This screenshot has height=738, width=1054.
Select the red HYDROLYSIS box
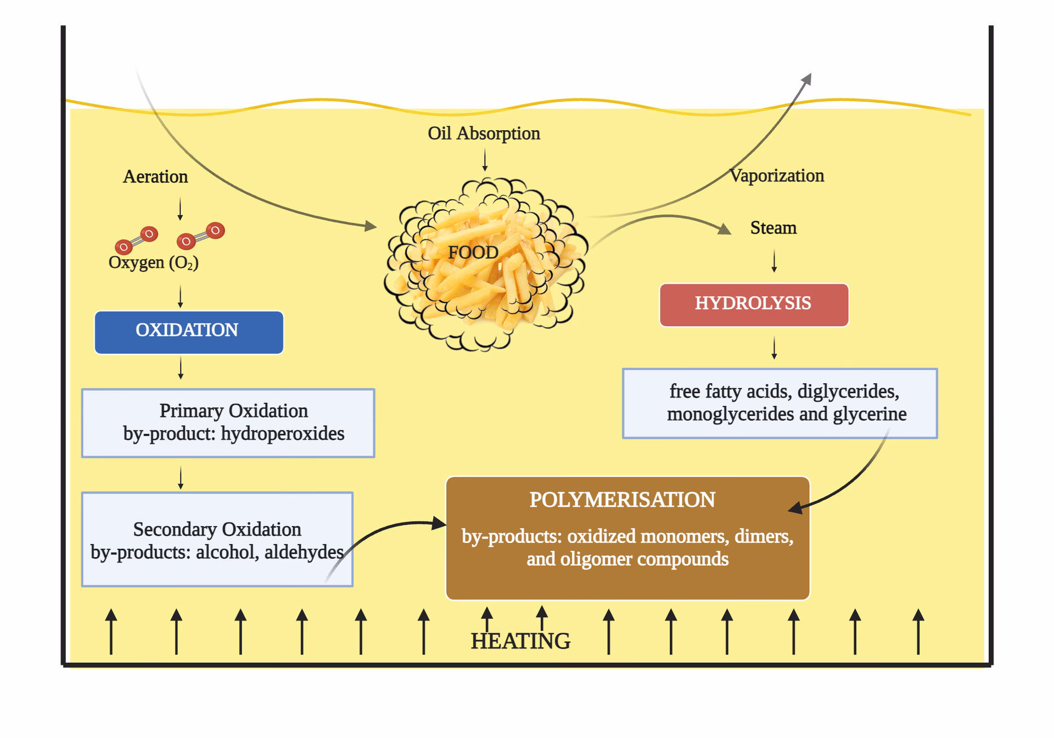pyautogui.click(x=754, y=305)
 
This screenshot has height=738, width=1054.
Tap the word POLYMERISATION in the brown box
pyautogui.click(x=622, y=500)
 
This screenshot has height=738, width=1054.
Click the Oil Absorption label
pyautogui.click(x=484, y=133)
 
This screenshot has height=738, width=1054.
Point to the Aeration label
pyautogui.click(x=155, y=177)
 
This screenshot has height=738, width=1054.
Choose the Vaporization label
pyautogui.click(x=777, y=176)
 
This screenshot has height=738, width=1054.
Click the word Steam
pyautogui.click(x=773, y=228)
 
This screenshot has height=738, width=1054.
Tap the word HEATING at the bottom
pyautogui.click(x=520, y=641)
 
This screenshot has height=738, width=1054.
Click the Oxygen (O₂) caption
pyautogui.click(x=153, y=262)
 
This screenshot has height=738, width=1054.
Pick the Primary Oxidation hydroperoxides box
pyautogui.click(x=228, y=423)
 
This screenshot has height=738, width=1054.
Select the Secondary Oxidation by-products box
pyautogui.click(x=217, y=539)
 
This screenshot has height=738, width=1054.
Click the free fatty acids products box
pyautogui.click(x=780, y=403)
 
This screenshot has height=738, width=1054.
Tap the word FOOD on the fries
pyautogui.click(x=473, y=253)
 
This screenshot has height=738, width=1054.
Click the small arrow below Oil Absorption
pyautogui.click(x=485, y=160)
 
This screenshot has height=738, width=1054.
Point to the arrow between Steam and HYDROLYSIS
pyautogui.click(x=774, y=261)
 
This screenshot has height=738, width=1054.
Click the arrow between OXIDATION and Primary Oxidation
pyautogui.click(x=181, y=368)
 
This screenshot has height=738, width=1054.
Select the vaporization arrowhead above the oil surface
pyautogui.click(x=806, y=80)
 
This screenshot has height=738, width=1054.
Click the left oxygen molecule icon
pyautogui.click(x=137, y=241)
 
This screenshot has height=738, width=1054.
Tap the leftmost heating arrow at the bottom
pyautogui.click(x=111, y=631)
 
